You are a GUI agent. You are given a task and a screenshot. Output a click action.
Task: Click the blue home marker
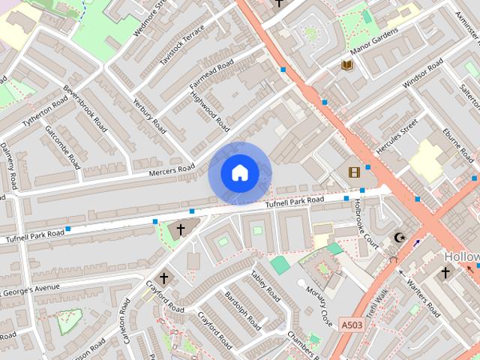(x=240, y=172)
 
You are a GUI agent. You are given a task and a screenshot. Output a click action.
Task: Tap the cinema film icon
(x=354, y=172)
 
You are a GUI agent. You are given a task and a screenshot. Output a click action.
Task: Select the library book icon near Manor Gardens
(x=347, y=65)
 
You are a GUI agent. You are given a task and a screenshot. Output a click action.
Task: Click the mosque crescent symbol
(x=399, y=238)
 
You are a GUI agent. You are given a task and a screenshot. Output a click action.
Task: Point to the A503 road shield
(x=352, y=325)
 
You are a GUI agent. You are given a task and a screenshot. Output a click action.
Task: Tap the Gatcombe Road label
(x=62, y=145)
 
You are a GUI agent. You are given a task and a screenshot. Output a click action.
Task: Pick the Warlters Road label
(x=424, y=297)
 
